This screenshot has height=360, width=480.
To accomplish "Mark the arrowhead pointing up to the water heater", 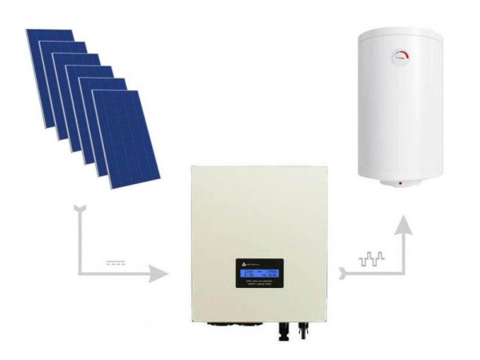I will click(x=407, y=228).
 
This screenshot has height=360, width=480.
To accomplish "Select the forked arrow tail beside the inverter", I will click(x=343, y=274).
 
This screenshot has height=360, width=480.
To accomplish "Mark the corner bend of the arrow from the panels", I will click(x=82, y=274).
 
